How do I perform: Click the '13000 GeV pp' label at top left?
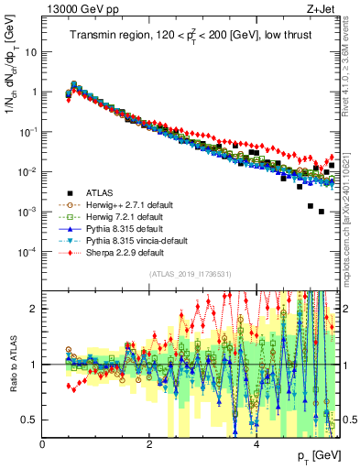[x=78, y=10]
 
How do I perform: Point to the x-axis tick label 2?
[x=148, y=443]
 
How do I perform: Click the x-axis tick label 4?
[x=256, y=443]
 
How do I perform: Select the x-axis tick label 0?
[x=42, y=443]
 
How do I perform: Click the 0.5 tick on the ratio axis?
[x=30, y=420]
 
